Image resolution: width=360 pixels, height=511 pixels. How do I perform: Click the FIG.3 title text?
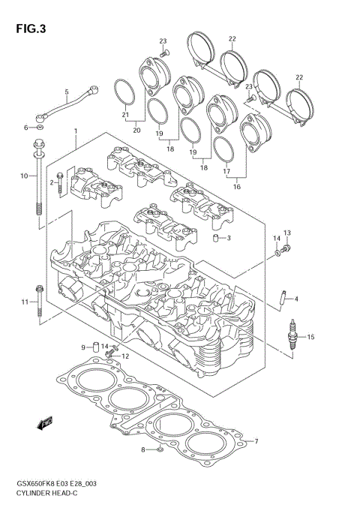click(28, 29)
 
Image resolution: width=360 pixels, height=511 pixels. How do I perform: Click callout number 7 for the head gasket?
click(256, 440)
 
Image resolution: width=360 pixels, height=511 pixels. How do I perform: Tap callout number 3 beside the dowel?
click(229, 239)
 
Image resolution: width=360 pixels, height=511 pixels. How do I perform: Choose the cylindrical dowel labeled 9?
click(96, 346)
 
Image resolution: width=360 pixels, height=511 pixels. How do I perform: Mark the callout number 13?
click(286, 233)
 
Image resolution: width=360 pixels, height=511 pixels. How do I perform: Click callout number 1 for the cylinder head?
click(76, 131)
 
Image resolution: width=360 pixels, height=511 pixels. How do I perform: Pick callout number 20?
click(136, 130)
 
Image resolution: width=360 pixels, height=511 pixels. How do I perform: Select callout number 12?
click(126, 356)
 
